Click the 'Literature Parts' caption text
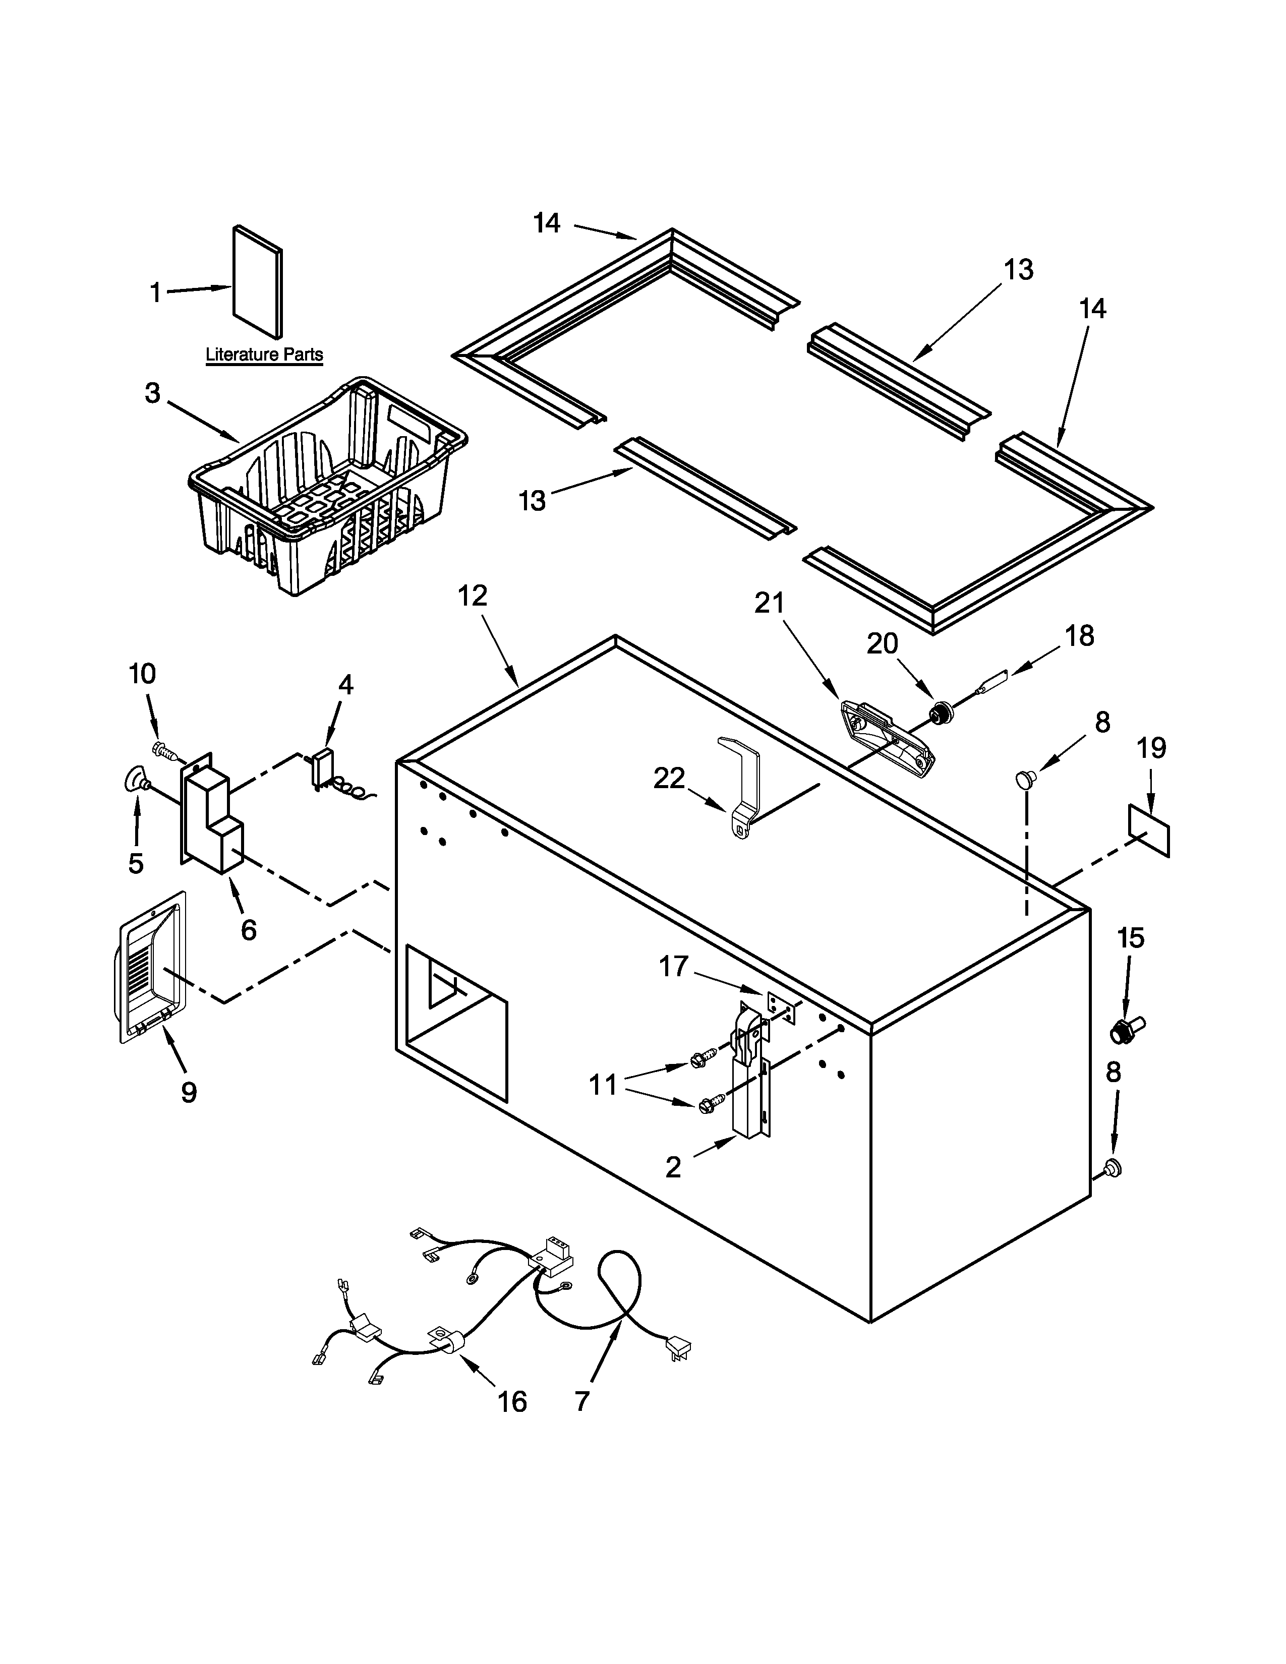tap(264, 354)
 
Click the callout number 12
tap(473, 596)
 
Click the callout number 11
tap(603, 1084)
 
